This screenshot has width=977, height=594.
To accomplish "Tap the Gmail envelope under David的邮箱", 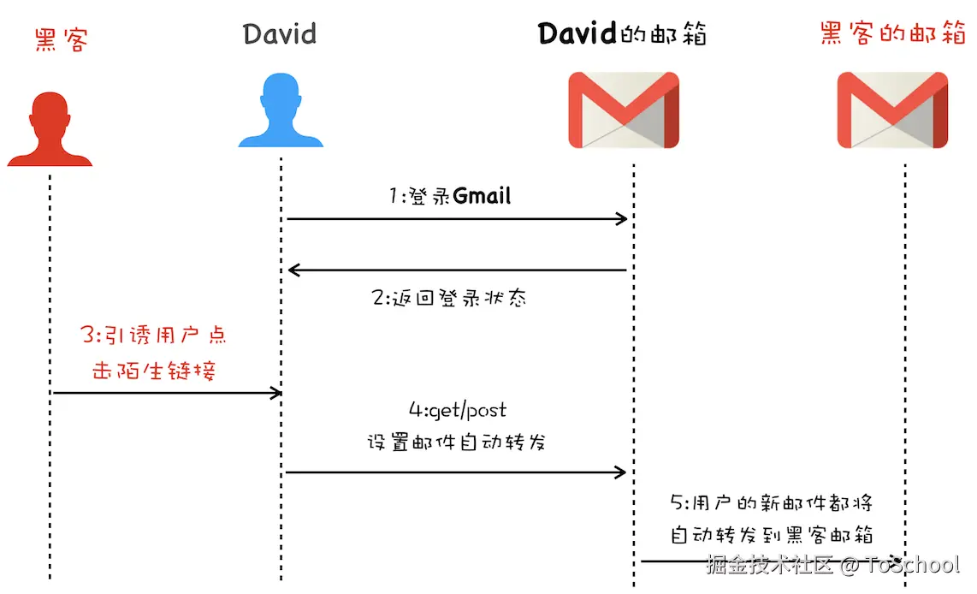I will click(624, 110).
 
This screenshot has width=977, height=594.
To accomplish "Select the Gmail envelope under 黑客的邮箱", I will click(892, 110).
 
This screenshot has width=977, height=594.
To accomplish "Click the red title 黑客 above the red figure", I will click(62, 38).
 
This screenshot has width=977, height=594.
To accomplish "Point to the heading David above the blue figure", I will click(280, 35).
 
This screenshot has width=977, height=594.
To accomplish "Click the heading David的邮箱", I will click(623, 35).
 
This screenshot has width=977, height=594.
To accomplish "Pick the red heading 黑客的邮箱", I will click(892, 35).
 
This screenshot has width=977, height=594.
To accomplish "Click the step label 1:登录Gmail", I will click(449, 196).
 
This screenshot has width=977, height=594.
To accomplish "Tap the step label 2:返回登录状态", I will click(449, 298).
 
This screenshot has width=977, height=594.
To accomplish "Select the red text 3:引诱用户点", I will click(154, 335).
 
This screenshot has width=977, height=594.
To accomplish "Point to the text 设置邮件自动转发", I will click(457, 443).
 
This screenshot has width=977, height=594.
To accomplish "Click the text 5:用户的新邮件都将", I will click(771, 502).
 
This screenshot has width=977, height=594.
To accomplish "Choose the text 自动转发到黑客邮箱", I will click(771, 535).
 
